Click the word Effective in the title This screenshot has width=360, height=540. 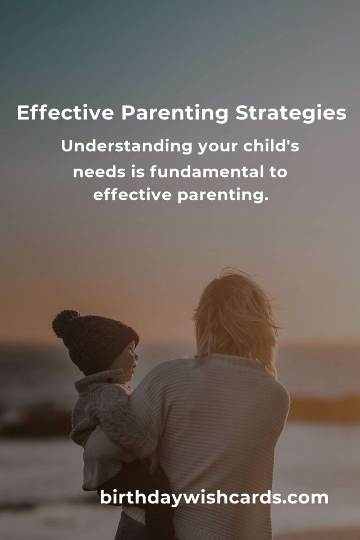(x=65, y=113)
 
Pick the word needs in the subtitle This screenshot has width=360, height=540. (x=99, y=172)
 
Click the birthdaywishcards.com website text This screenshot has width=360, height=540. (x=214, y=497)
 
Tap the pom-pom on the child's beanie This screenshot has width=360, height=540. (x=65, y=323)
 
